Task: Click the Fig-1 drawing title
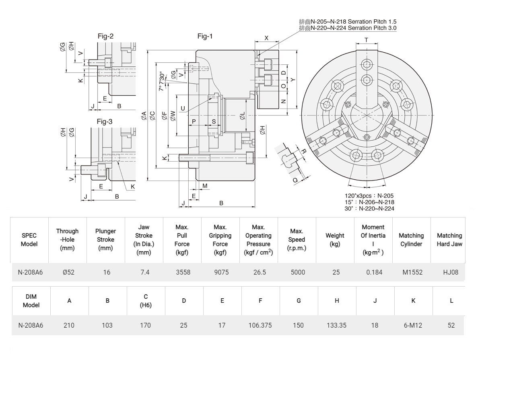pyautogui.click(x=205, y=36)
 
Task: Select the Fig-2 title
pyautogui.click(x=105, y=36)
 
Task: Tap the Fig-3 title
pyautogui.click(x=105, y=121)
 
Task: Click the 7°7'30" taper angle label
pyautogui.click(x=162, y=81)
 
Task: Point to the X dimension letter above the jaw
pyautogui.click(x=266, y=38)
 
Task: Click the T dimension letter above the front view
pyautogui.click(x=367, y=40)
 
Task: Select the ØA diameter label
pyautogui.click(x=144, y=115)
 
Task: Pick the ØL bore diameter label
pyautogui.click(x=242, y=116)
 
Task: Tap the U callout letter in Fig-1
pyautogui.click(x=183, y=109)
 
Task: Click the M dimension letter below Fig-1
pyautogui.click(x=205, y=186)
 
